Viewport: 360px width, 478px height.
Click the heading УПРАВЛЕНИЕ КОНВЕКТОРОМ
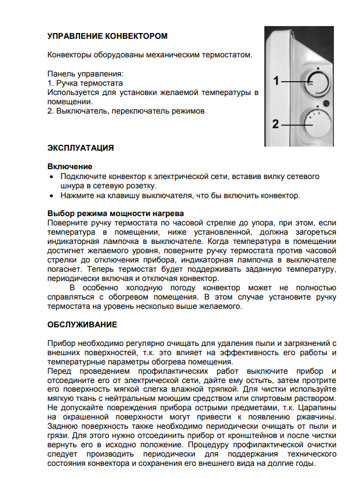pos(107,36)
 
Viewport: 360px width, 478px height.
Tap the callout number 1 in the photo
pos(277,81)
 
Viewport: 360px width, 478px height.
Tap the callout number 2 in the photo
pos(277,123)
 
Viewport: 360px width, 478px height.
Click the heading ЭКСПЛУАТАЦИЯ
pos(80,148)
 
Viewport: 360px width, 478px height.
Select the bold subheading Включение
pos(70,166)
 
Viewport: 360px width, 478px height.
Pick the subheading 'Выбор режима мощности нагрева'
pos(115,213)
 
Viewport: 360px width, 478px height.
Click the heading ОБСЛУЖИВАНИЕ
pos(82,324)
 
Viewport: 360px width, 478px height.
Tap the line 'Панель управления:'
pos(85,74)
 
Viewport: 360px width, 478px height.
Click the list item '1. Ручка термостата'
pos(85,83)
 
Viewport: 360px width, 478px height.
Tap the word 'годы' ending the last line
pos(304,464)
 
